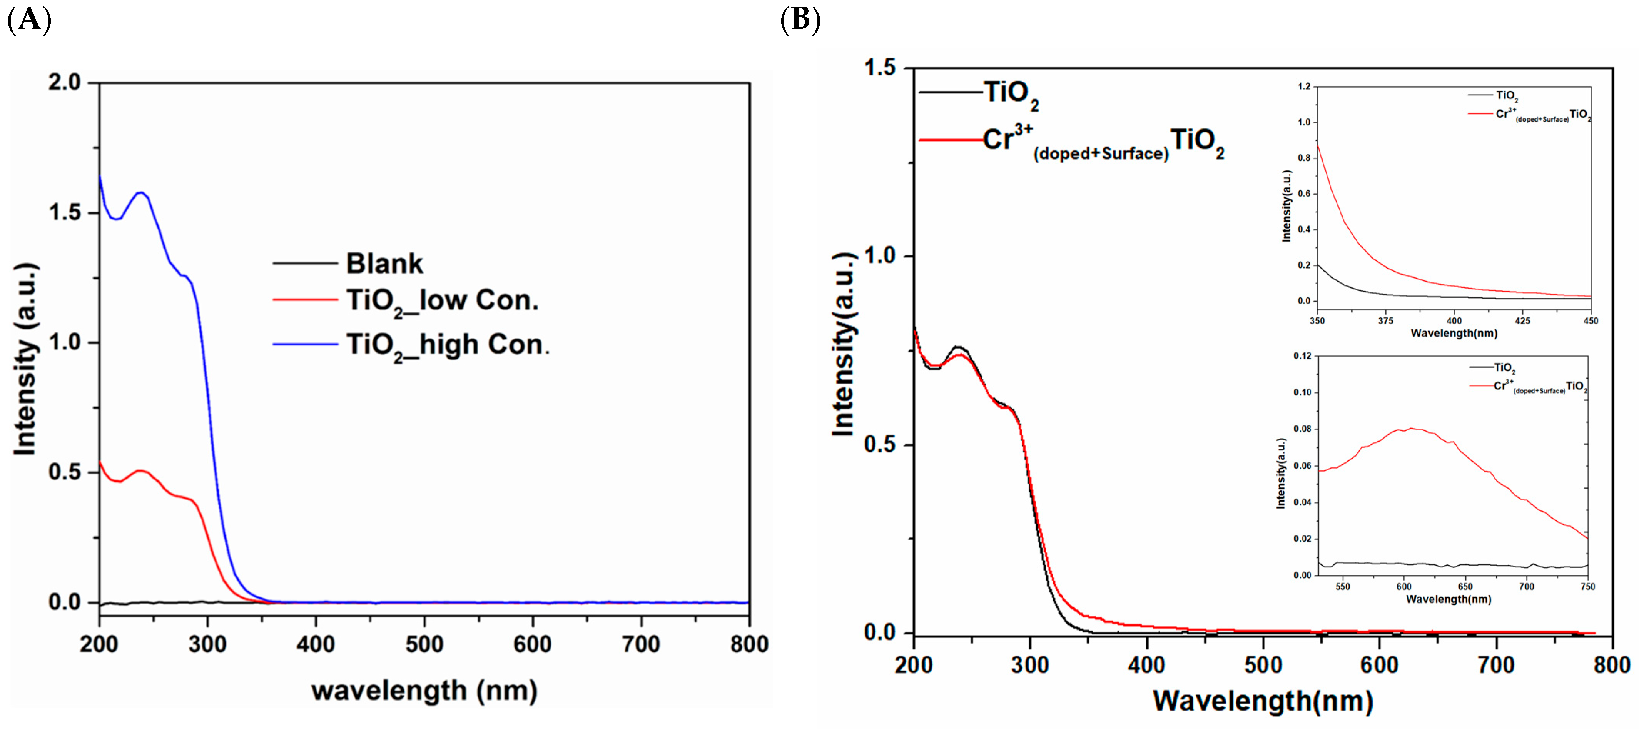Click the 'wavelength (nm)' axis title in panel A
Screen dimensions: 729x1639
click(424, 690)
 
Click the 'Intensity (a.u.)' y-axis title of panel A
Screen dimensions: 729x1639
click(25, 359)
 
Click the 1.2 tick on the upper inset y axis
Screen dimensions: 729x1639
click(1304, 87)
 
